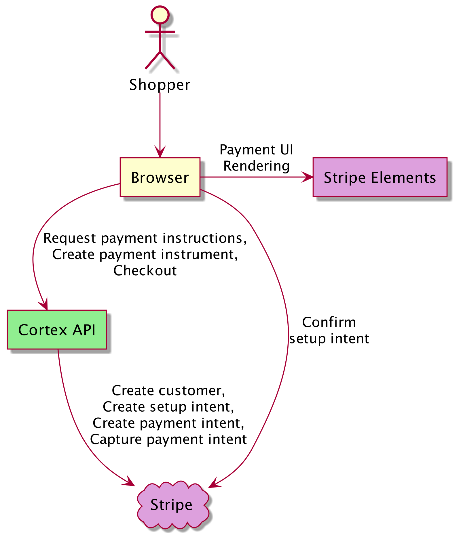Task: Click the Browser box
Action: tap(160, 177)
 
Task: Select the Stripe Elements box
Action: tap(380, 177)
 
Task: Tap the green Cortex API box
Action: tap(57, 330)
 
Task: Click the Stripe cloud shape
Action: tap(172, 505)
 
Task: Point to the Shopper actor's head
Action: tap(160, 15)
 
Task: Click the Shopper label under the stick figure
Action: tap(160, 85)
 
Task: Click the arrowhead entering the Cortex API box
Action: tap(44, 305)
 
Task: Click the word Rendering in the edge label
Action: tap(256, 166)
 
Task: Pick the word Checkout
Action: tap(145, 271)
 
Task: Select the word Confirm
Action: tap(329, 322)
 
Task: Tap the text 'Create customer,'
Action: tap(168, 391)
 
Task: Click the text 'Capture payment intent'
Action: tap(168, 439)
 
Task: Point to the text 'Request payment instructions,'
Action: tap(145, 238)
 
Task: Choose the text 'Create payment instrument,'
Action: tap(145, 254)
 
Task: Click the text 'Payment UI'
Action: tap(256, 150)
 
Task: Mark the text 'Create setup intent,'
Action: tap(168, 407)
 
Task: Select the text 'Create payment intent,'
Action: tap(168, 423)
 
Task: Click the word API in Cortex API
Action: tap(84, 330)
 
